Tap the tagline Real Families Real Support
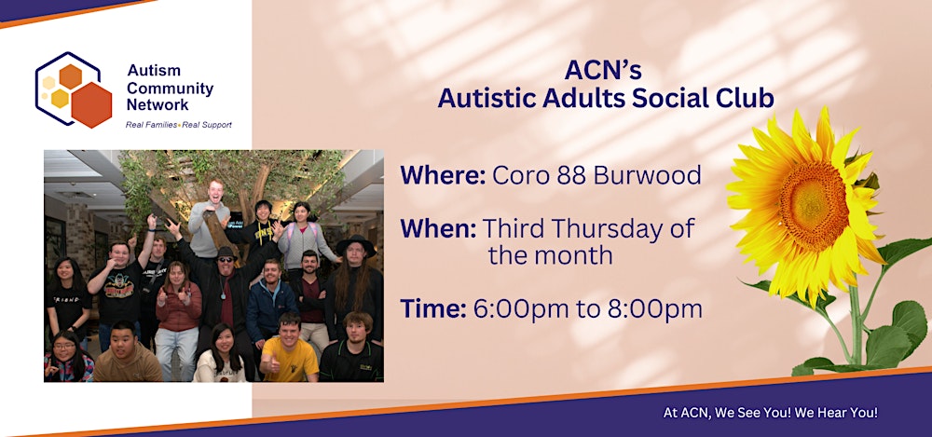coord(178,124)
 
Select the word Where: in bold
coord(442,175)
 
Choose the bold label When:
coord(439,228)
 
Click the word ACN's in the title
coord(603,70)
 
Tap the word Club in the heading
coord(744,97)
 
